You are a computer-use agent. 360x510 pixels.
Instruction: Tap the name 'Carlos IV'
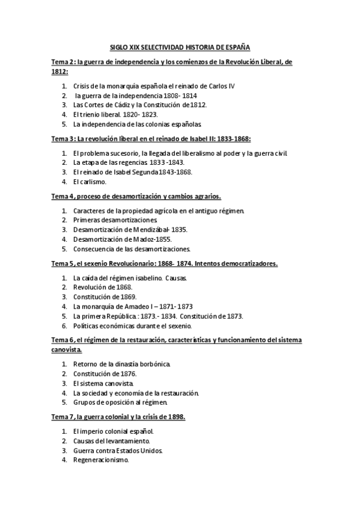(221, 86)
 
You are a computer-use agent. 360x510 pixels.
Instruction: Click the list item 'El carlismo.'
(90, 181)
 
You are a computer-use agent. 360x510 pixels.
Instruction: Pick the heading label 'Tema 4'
(63, 196)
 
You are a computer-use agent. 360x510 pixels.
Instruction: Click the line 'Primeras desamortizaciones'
(115, 221)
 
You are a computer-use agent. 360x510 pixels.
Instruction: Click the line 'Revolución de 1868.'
(103, 287)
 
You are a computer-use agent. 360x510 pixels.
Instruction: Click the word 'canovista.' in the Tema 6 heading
(67, 349)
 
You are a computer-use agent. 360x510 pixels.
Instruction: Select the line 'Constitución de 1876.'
(105, 373)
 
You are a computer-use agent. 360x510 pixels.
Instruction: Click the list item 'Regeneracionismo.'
(101, 459)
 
